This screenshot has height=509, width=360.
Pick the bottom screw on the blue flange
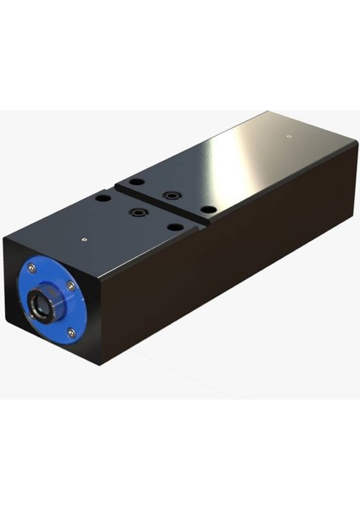click(x=71, y=332)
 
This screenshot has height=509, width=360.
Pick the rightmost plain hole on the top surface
click(x=206, y=208)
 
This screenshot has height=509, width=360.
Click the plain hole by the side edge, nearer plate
click(x=173, y=227)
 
